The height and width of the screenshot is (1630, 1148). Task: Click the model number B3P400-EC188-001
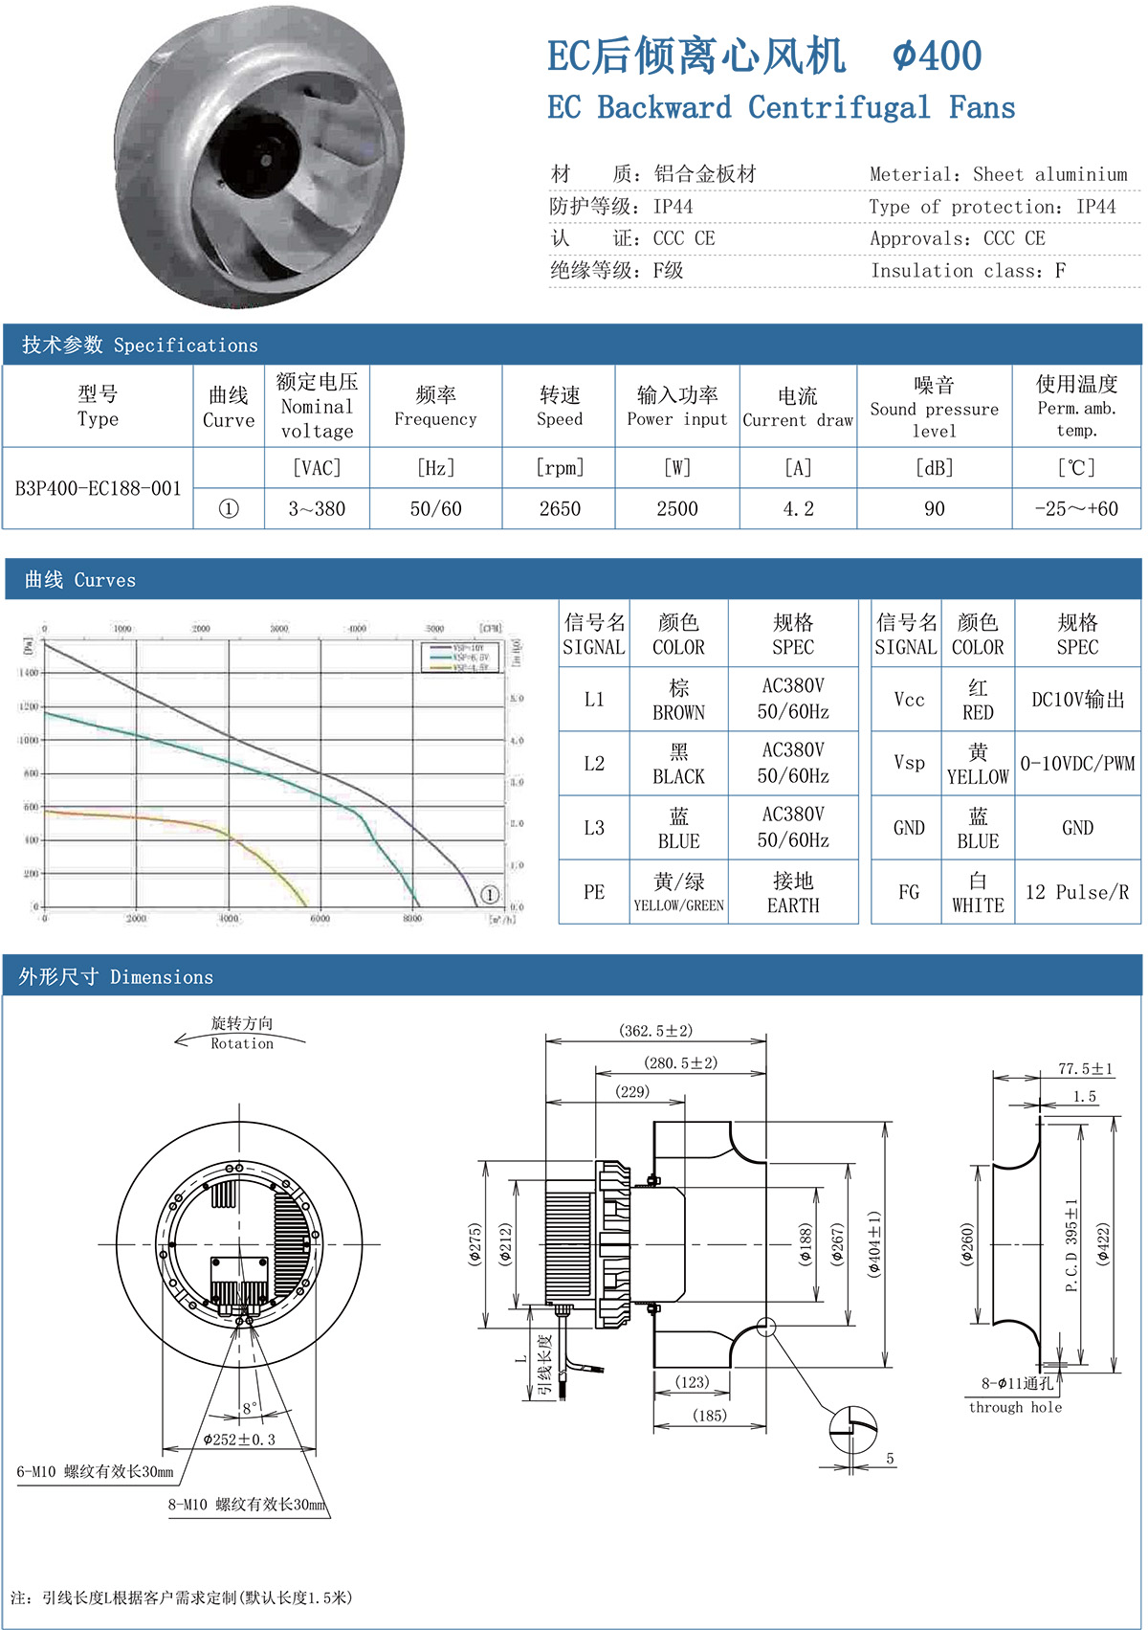click(x=98, y=488)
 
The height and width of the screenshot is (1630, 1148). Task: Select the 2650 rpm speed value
click(x=560, y=509)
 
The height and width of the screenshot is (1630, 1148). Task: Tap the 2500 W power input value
click(x=677, y=509)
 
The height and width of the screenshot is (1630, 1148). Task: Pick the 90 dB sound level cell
click(x=934, y=509)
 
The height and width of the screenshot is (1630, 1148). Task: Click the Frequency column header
click(x=435, y=406)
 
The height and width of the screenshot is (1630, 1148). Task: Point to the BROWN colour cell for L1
click(x=678, y=700)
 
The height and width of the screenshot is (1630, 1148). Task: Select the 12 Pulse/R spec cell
click(x=1077, y=892)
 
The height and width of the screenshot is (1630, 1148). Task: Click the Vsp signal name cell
click(x=909, y=763)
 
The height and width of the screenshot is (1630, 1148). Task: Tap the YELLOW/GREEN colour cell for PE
click(x=678, y=892)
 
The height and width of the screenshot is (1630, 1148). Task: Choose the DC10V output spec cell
click(x=1077, y=700)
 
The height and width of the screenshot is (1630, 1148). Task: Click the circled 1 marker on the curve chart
click(x=489, y=895)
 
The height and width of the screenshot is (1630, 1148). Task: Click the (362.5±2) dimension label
click(x=655, y=1031)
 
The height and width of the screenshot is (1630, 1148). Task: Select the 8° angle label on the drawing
click(x=250, y=1408)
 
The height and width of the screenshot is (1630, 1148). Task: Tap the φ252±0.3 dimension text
click(x=239, y=1440)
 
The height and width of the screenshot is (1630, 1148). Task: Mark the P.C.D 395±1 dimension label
click(x=1071, y=1245)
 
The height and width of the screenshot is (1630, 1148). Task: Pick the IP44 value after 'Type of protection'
click(x=1095, y=207)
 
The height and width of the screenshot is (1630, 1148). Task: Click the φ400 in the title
click(x=937, y=56)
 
